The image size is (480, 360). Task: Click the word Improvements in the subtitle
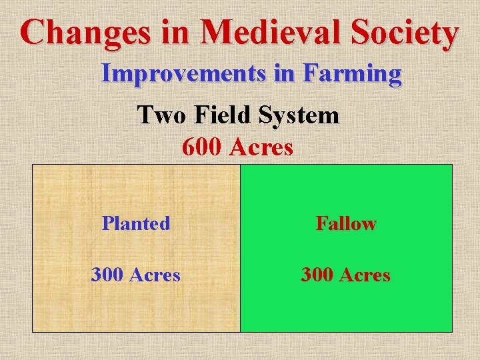pyautogui.click(x=183, y=73)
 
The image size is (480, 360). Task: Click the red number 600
pyautogui.click(x=203, y=147)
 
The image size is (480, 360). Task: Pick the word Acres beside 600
pyautogui.click(x=261, y=147)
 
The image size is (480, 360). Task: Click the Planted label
pyautogui.click(x=136, y=223)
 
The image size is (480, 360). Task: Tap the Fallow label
pyautogui.click(x=346, y=223)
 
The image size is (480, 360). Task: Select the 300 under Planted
pyautogui.click(x=108, y=274)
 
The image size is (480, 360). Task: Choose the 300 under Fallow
pyautogui.click(x=318, y=274)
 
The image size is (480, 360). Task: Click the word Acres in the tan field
pyautogui.click(x=155, y=274)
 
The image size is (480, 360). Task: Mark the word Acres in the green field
pyautogui.click(x=365, y=274)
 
